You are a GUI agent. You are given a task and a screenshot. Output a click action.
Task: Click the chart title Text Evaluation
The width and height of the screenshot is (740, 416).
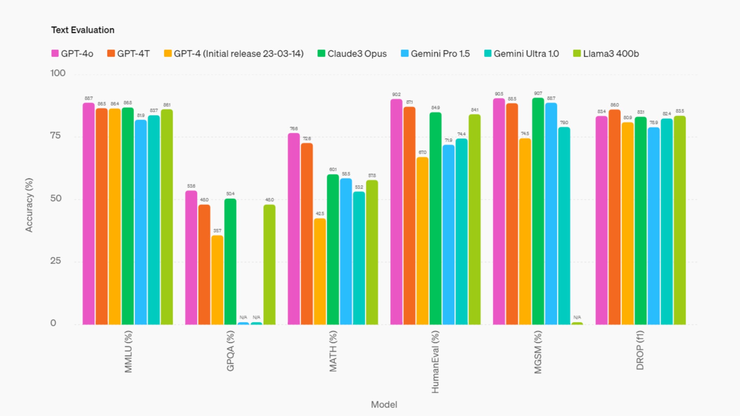83,30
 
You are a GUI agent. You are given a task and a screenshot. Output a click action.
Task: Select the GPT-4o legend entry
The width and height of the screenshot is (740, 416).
72,54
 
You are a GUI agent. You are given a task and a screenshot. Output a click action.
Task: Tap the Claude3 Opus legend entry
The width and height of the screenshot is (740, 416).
352,54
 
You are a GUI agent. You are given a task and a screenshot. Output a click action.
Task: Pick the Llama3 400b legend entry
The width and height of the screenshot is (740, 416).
606,54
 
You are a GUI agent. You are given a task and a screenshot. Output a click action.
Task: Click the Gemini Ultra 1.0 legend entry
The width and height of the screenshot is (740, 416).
521,54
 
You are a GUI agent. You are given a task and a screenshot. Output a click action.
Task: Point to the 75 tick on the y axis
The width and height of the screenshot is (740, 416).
55,135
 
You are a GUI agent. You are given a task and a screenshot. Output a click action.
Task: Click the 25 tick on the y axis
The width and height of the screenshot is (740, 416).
55,261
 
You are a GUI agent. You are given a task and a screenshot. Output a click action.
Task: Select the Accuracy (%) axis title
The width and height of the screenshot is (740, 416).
29,205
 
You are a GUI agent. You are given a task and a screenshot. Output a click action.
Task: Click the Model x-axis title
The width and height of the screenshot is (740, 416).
384,404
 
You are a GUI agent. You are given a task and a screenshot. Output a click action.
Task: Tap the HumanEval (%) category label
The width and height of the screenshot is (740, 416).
435,362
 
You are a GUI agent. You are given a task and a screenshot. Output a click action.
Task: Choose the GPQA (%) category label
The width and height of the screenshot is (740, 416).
230,351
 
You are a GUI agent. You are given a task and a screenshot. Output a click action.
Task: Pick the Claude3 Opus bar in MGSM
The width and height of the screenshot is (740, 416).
538,211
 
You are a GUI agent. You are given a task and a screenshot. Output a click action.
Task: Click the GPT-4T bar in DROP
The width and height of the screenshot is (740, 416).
614,217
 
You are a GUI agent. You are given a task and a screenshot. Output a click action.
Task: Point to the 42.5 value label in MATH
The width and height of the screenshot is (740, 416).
320,213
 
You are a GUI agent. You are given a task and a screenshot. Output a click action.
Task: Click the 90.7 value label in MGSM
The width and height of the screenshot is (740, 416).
538,93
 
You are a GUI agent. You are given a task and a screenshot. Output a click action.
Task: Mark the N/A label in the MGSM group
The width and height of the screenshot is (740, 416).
577,317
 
